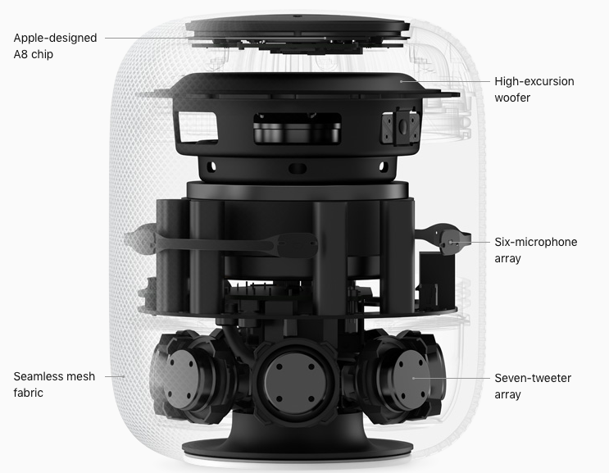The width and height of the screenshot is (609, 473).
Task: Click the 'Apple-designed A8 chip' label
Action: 55,46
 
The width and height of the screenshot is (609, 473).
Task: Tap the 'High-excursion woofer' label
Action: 534,89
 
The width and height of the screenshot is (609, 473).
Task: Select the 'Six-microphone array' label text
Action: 535,250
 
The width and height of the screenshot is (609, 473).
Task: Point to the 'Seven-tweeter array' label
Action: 533,386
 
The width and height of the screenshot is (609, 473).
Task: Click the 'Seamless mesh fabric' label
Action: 54,384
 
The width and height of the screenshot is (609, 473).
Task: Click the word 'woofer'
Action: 512,98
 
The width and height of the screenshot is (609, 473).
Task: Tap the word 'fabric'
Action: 28,393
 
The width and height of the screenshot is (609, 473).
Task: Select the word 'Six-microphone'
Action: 535,243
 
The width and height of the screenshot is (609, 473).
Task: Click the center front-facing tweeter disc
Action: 295,383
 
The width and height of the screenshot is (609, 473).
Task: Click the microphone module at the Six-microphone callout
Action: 452,242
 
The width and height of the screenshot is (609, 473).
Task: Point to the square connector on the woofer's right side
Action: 400,126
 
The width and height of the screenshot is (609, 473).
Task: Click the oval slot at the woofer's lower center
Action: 298,169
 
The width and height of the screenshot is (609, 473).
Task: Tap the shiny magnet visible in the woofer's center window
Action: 297,133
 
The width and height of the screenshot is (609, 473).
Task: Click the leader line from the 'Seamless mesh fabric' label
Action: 115,376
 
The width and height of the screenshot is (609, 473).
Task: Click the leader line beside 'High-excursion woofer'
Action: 446,81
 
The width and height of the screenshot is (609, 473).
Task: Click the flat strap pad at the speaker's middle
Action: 298,245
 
